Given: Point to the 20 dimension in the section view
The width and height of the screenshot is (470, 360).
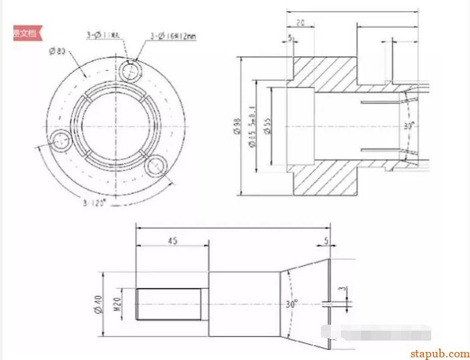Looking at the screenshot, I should pos(301,23).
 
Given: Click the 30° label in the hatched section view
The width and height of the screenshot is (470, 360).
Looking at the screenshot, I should pos(409,125).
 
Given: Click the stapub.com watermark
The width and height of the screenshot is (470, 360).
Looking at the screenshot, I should pos(439,353).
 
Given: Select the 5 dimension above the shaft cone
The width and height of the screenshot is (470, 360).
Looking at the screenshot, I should pos(326,241).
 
